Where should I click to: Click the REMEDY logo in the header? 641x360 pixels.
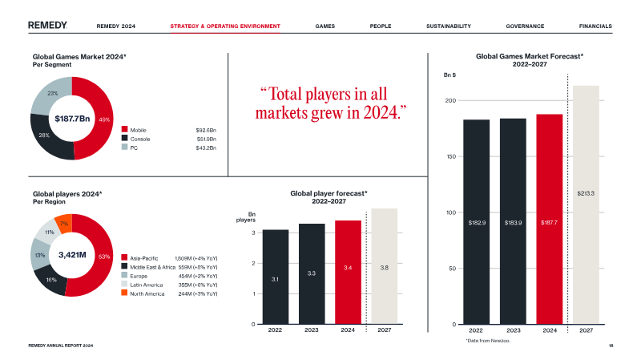tap(47, 26)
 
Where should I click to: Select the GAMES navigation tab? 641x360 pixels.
tap(325, 26)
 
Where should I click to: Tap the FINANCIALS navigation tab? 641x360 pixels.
tap(595, 26)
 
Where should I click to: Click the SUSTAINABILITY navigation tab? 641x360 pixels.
tap(448, 26)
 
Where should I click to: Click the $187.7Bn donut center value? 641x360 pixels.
tap(71, 119)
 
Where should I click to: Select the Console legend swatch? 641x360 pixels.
tap(125, 139)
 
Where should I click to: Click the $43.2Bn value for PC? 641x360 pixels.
tap(207, 148)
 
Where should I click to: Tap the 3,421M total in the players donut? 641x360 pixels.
tap(72, 255)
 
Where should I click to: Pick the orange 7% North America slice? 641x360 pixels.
tap(64, 221)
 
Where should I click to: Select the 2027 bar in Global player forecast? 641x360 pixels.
tap(385, 266)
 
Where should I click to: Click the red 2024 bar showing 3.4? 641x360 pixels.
tap(348, 273)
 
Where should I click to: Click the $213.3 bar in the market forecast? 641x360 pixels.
tap(586, 204)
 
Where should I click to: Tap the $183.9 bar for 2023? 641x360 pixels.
tap(513, 221)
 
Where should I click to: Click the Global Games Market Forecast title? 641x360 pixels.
tap(530, 57)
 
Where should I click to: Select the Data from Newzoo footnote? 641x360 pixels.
tap(488, 341)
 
